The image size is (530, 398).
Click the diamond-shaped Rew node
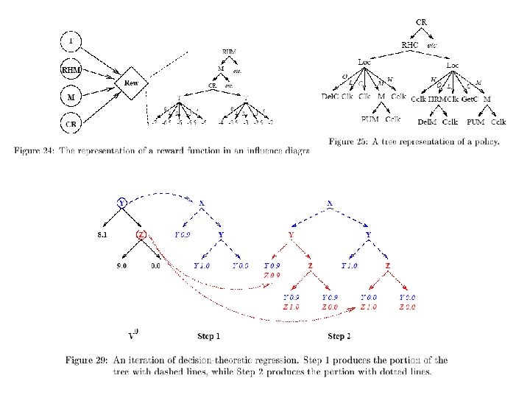tap(130, 84)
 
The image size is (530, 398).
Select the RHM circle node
tap(71, 71)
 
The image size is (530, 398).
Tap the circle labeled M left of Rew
tap(71, 97)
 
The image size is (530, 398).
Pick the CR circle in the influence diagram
tap(71, 124)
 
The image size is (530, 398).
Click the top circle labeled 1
tap(71, 41)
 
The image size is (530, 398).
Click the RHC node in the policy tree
tap(409, 44)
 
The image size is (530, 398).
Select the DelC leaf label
tap(331, 97)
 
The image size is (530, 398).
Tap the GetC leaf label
tap(470, 97)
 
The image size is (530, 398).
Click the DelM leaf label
tap(426, 121)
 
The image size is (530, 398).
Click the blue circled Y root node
tap(122, 201)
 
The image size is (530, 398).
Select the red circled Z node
tap(142, 235)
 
